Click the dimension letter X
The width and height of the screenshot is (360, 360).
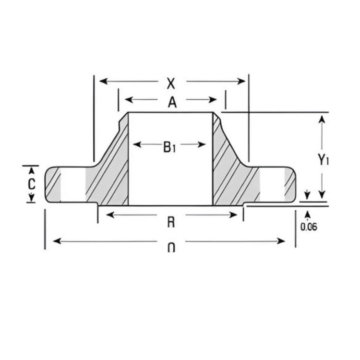170,84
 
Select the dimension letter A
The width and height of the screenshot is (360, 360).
171,101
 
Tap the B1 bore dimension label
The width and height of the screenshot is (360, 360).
169,147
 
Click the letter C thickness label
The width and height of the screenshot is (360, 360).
31,184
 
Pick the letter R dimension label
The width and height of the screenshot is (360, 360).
170,222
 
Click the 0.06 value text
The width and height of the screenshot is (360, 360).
309,227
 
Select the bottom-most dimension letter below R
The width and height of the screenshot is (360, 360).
171,248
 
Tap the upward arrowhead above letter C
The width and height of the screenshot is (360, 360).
31,169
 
